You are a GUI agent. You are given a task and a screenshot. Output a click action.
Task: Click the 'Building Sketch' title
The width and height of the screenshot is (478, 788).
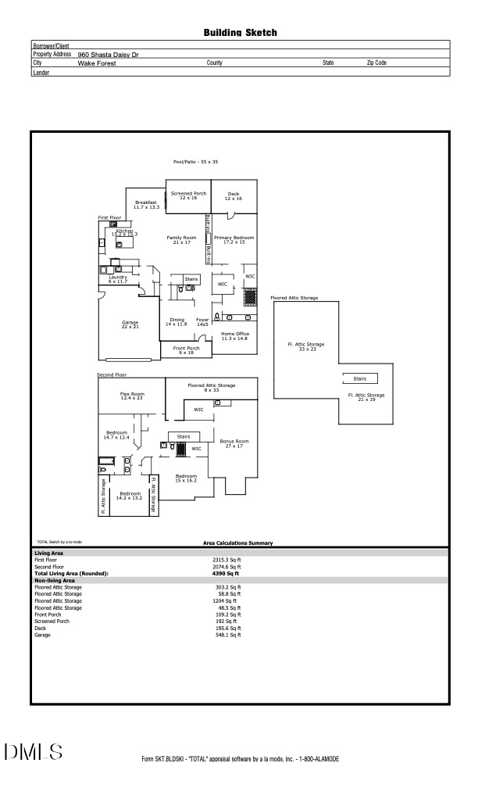click(x=240, y=33)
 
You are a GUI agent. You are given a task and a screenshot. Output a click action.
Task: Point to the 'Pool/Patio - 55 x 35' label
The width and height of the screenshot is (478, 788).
click(x=195, y=162)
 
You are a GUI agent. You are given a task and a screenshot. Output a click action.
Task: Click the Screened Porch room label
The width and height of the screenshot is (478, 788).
click(x=188, y=195)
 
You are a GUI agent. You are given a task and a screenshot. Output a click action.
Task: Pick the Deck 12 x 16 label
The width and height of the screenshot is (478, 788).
click(x=234, y=195)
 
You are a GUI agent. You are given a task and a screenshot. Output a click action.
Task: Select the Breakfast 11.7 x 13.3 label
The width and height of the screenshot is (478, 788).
click(x=146, y=205)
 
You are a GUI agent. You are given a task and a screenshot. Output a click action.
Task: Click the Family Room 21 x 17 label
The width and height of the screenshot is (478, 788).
click(x=182, y=239)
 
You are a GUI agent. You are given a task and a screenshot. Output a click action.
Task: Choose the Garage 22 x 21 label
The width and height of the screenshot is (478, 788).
click(x=130, y=324)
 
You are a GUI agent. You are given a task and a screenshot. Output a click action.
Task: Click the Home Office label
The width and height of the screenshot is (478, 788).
click(x=234, y=336)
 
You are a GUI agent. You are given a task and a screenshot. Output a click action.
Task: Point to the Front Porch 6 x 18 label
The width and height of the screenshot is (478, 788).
click(x=187, y=350)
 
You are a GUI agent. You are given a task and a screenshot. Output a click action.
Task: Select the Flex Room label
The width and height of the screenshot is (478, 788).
click(x=132, y=396)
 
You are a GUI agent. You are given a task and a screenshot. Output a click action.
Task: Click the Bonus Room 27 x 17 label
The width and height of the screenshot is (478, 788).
click(x=234, y=443)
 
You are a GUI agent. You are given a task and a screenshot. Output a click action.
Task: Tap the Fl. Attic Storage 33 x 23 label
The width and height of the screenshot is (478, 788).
click(x=305, y=346)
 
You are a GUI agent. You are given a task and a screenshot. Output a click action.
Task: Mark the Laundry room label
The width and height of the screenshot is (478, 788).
click(x=118, y=278)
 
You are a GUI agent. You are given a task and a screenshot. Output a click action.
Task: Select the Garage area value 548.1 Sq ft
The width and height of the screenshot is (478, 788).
click(x=228, y=635)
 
